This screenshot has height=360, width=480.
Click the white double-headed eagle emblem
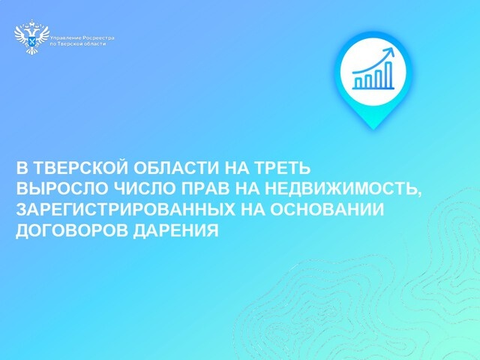(x=31, y=37)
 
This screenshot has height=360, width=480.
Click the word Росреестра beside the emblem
(x=91, y=37)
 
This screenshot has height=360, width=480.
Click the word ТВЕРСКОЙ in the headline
(x=73, y=167)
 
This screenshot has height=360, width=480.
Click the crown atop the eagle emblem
(x=31, y=28)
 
